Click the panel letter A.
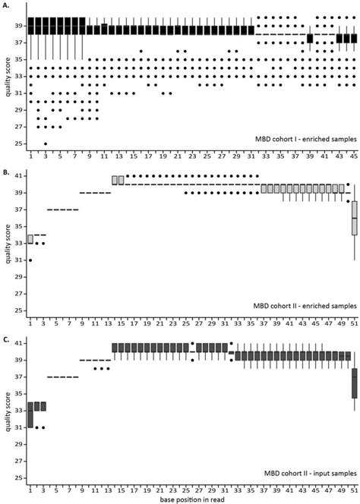click(6, 5)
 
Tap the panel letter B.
click(6, 172)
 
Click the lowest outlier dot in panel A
click(45, 143)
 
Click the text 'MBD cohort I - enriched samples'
click(299, 140)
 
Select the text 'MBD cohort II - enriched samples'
click(298, 306)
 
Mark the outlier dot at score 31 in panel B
click(30, 260)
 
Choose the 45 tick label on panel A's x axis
click(353, 156)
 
